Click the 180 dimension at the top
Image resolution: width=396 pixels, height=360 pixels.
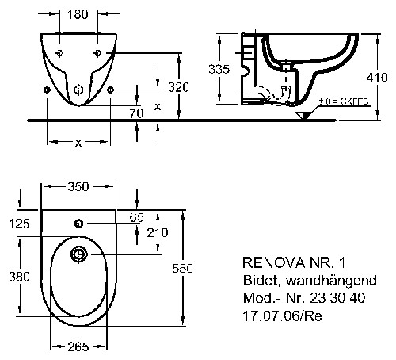pyautogui.click(x=78, y=14)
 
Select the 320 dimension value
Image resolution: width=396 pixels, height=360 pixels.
pyautogui.click(x=179, y=87)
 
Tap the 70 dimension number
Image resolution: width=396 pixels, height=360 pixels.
pyautogui.click(x=136, y=113)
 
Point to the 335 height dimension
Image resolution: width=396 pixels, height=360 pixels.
pyautogui.click(x=219, y=69)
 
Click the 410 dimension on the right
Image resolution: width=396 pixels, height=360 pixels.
pyautogui.click(x=377, y=78)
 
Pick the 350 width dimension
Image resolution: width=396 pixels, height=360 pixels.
pyautogui.click(x=78, y=186)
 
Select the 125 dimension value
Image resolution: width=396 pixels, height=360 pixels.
pyautogui.click(x=19, y=224)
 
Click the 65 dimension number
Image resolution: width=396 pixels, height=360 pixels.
pyautogui.click(x=136, y=217)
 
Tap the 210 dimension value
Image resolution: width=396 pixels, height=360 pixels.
pyautogui.click(x=158, y=232)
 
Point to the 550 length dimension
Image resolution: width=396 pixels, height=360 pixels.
pyautogui.click(x=183, y=268)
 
